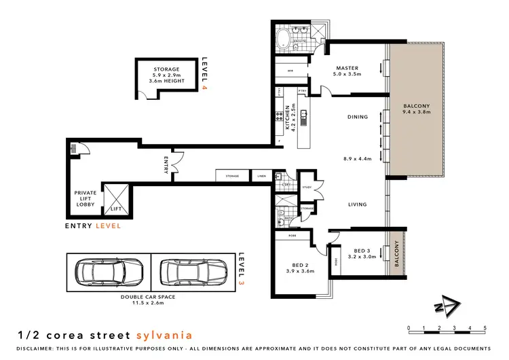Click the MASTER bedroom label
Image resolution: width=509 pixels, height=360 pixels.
(347, 68)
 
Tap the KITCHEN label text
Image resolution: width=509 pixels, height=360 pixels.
(288, 116)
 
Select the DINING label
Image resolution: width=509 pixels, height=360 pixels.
(357, 117)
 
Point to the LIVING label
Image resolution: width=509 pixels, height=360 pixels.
(357, 204)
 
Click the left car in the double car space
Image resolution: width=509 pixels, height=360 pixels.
(108, 274)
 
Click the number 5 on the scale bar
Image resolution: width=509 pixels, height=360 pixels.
(485, 328)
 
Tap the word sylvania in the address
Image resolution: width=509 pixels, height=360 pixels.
(165, 335)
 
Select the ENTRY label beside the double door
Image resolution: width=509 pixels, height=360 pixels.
(166, 165)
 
